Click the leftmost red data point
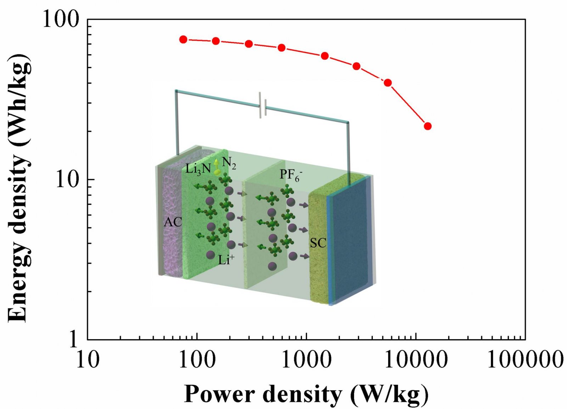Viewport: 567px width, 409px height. pos(183,39)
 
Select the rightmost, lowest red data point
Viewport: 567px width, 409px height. pos(428,126)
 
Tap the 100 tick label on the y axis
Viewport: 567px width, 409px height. pos(61,19)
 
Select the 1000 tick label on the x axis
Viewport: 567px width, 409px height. pos(306,360)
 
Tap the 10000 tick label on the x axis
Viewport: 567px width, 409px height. pos(415,360)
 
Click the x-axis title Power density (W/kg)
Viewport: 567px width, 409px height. pos(307,394)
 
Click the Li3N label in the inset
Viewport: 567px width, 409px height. pos(198,169)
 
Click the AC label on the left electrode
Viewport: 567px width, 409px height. pos(173,222)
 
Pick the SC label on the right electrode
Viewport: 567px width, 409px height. pos(318,243)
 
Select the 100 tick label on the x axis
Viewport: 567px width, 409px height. pos(197,360)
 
